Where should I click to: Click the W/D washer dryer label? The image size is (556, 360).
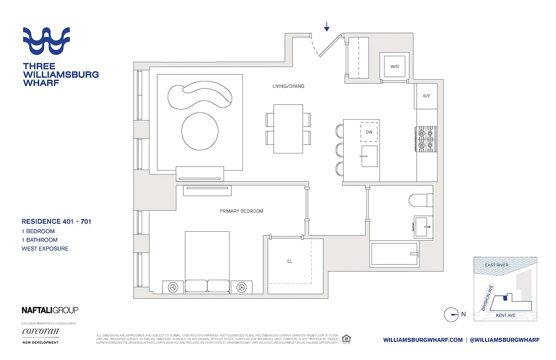(x=395, y=67)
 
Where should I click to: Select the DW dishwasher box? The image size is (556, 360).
(x=369, y=132)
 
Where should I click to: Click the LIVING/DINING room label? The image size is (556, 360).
(x=288, y=86)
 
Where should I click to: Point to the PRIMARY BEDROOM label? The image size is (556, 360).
(x=241, y=211)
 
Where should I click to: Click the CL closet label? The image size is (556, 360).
(x=290, y=261)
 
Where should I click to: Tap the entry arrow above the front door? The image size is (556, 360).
(x=327, y=27)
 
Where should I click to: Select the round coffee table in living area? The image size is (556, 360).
(x=200, y=131)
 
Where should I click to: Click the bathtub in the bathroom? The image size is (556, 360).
(x=395, y=254)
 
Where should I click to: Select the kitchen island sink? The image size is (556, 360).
(x=369, y=156)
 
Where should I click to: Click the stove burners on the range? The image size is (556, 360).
(x=426, y=139)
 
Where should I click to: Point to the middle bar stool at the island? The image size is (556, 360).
(x=339, y=150)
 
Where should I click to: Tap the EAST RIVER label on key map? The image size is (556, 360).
(x=497, y=265)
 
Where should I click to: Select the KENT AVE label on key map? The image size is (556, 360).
(x=505, y=315)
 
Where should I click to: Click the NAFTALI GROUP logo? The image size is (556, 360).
(x=50, y=310)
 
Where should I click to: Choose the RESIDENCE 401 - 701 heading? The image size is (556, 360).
(x=57, y=221)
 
